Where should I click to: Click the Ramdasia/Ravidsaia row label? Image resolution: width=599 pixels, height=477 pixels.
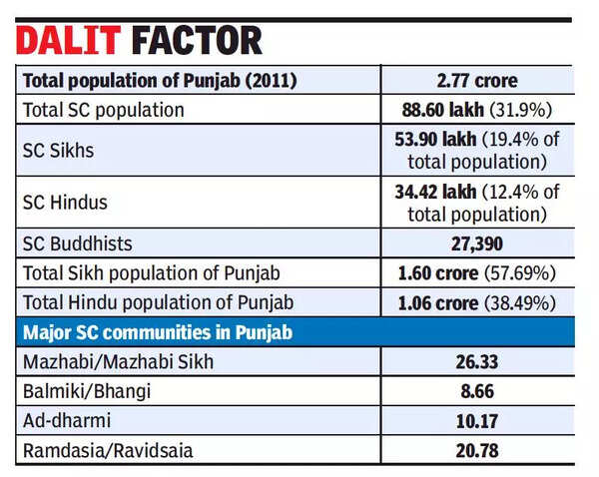click(105, 451)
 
